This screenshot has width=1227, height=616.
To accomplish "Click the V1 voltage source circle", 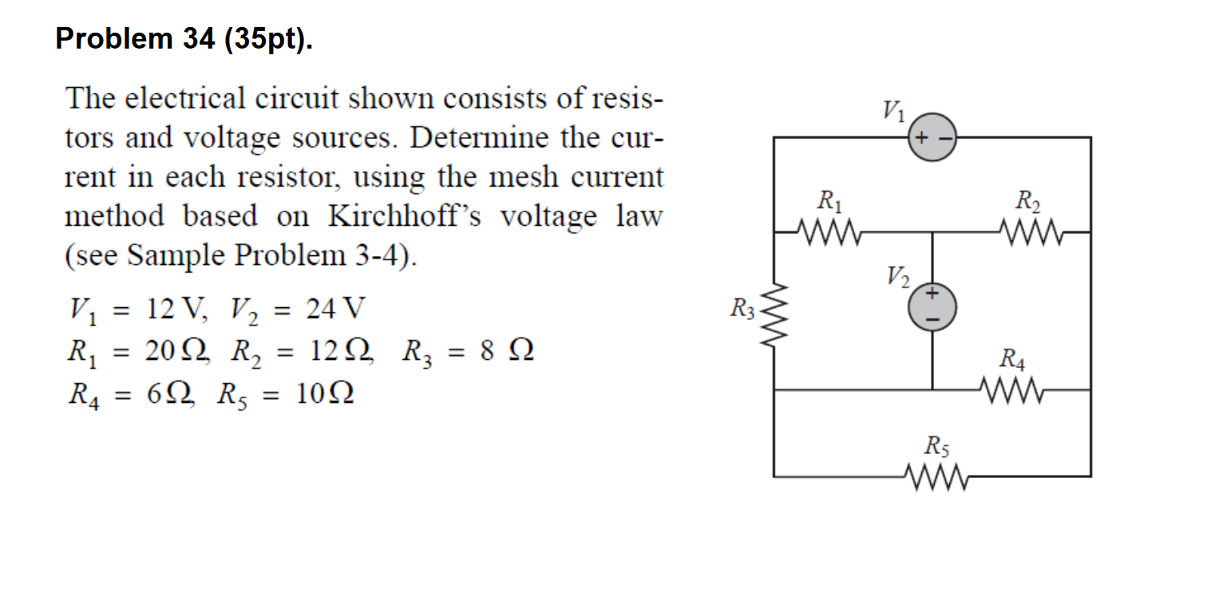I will coord(932,138).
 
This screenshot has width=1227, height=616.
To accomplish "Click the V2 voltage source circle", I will coord(932,307).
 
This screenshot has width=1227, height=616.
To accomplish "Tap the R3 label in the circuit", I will coord(742,307).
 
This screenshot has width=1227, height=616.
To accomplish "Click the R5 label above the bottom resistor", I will coord(935,444).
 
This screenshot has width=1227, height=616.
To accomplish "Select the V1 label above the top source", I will coord(893,109).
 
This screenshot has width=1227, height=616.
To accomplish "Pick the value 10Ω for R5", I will coord(323,394).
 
